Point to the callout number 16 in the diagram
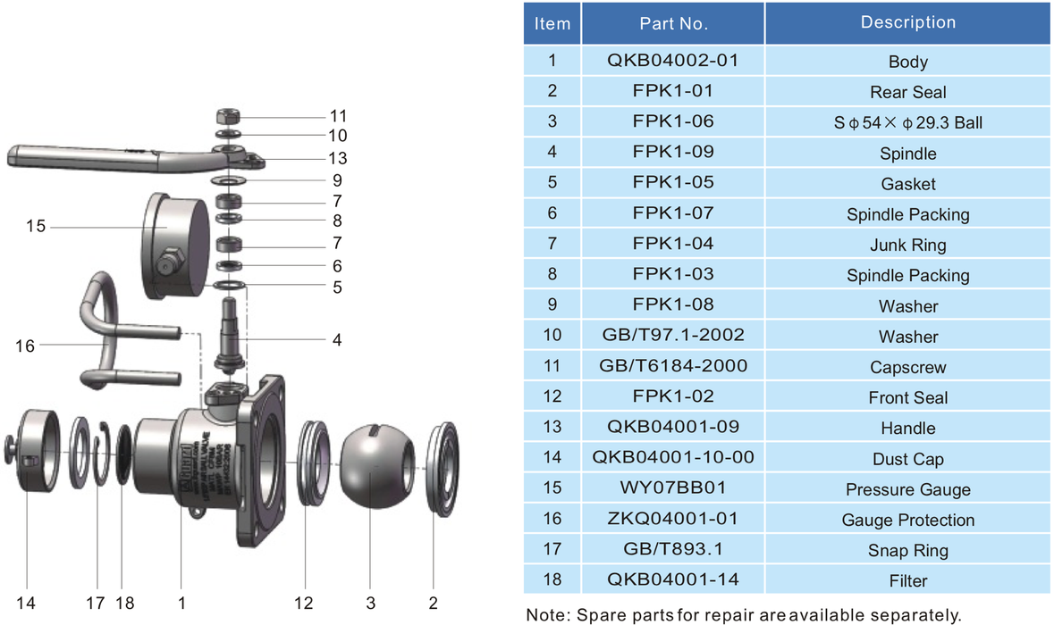[x=25, y=346]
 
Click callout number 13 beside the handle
[x=337, y=158]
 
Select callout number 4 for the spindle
[x=337, y=340]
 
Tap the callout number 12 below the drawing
[x=305, y=604]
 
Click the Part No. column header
[x=673, y=24]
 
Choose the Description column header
[x=907, y=22]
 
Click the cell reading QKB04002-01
[x=673, y=61]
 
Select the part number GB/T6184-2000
[x=673, y=365]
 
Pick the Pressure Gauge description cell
[x=907, y=489]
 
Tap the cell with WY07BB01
[x=673, y=487]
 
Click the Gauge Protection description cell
[x=907, y=520]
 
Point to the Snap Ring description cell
[x=907, y=550]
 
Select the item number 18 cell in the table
[x=552, y=579]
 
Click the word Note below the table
[x=544, y=614]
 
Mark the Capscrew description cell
[x=907, y=367]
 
